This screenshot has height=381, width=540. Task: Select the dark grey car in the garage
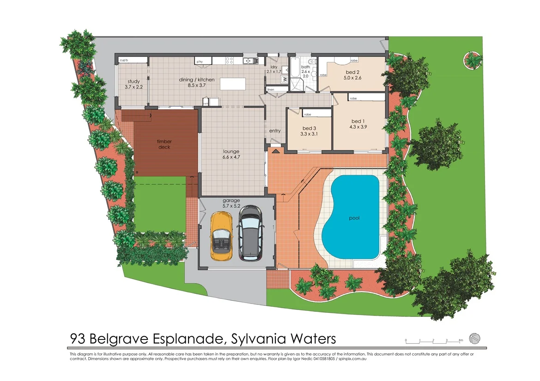pyautogui.click(x=250, y=232)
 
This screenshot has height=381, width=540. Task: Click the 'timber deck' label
pyautogui.click(x=164, y=144)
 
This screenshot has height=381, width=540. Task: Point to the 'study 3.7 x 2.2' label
pyautogui.click(x=134, y=84)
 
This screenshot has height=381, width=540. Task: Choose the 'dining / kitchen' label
pyautogui.click(x=197, y=80)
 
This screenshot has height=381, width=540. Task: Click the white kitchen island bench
pyautogui.click(x=233, y=83)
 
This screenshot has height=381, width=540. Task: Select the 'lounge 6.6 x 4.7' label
pyautogui.click(x=231, y=154)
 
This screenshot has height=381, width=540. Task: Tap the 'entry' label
pyautogui.click(x=275, y=131)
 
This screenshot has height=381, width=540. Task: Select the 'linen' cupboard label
pyautogui.click(x=271, y=89)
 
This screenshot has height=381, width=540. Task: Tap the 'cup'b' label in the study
pyautogui.click(x=124, y=60)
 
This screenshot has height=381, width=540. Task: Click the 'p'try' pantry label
pyautogui.click(x=200, y=61)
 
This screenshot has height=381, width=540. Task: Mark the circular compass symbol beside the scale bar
pyautogui.click(x=475, y=338)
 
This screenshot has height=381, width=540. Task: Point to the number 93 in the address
pyautogui.click(x=78, y=339)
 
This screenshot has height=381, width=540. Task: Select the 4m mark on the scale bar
pyautogui.click(x=461, y=340)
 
